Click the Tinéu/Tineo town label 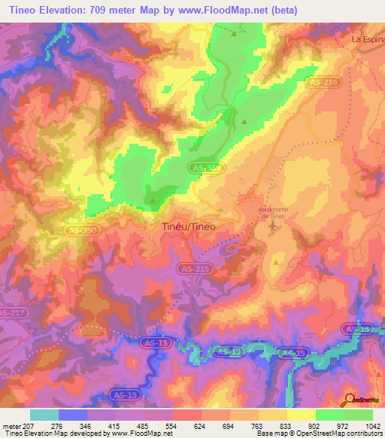(x=189, y=226)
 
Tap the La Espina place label (x=368, y=37)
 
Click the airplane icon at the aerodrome (x=271, y=228)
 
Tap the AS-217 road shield (x=11, y=313)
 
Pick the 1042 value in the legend (x=371, y=425)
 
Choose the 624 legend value (x=201, y=425)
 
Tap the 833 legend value (x=286, y=425)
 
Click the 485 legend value (x=144, y=425)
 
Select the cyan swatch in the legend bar (x=44, y=415)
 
